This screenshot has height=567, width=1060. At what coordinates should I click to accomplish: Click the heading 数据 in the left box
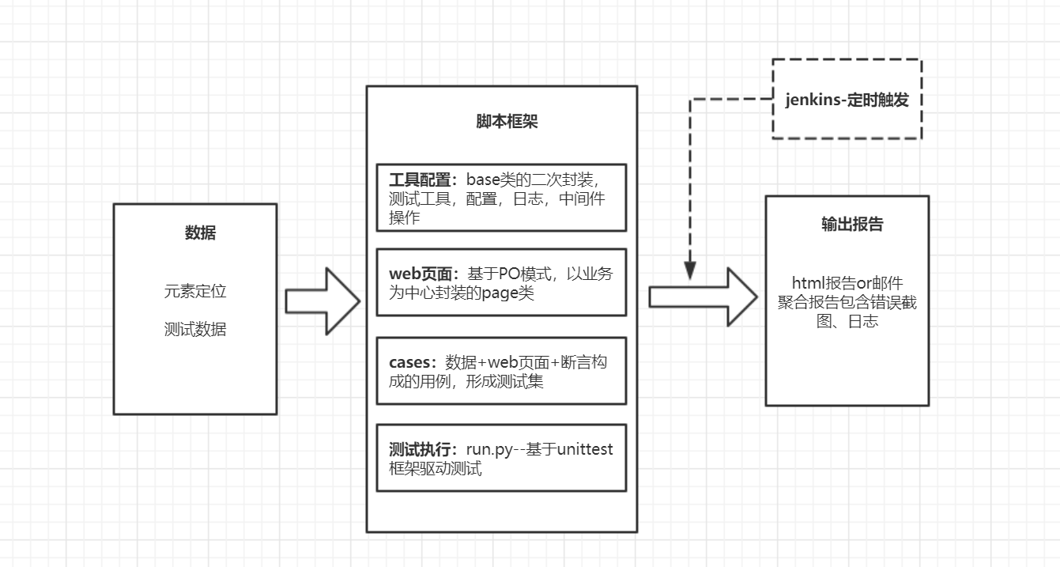pos(200,232)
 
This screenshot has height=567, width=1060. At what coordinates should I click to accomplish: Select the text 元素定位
pos(195,291)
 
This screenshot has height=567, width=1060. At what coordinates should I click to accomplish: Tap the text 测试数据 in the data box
pos(195,329)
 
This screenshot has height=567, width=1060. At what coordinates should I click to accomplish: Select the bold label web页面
pos(421,274)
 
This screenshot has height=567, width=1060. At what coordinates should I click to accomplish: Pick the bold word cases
pos(411,362)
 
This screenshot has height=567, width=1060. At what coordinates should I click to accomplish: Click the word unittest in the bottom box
pos(585,449)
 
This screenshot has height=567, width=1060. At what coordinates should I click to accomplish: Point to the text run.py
pos(492,449)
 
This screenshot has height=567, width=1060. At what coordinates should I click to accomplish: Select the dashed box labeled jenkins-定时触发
pos(847,100)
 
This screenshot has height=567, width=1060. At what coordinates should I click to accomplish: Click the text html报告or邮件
pos(847,283)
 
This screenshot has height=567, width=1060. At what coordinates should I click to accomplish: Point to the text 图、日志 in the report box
pos(847,322)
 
